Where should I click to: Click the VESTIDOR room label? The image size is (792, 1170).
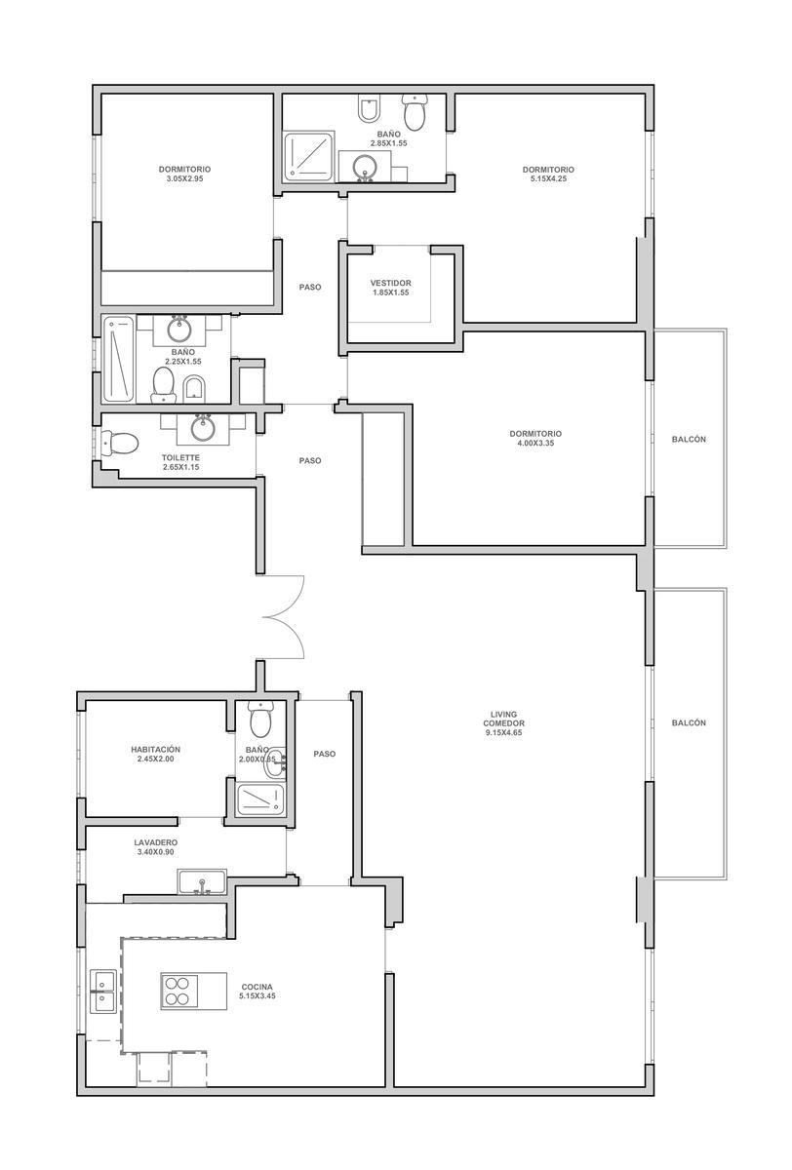pos(390,283)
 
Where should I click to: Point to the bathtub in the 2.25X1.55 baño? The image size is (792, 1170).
pos(119,360)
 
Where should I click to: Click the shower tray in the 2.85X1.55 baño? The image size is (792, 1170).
pos(308,157)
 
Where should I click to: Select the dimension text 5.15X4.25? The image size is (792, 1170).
pos(548,178)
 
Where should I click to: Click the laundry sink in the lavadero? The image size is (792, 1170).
pos(202,882)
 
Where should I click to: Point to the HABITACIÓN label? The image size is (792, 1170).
pos(156,750)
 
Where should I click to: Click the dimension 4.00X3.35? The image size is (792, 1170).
pos(535,443)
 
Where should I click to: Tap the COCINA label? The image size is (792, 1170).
pos(257,987)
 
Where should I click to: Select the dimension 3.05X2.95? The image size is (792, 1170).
pos(184,178)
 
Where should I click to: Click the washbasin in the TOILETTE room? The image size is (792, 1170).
pos(203,428)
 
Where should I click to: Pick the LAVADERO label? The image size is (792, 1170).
pos(156,842)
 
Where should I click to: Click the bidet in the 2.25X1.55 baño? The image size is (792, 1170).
pos(194,389)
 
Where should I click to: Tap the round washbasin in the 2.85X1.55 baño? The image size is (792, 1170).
pos(364,167)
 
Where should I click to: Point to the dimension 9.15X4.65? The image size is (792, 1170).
pos(503,733)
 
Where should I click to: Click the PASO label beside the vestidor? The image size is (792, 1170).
pos(310,288)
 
